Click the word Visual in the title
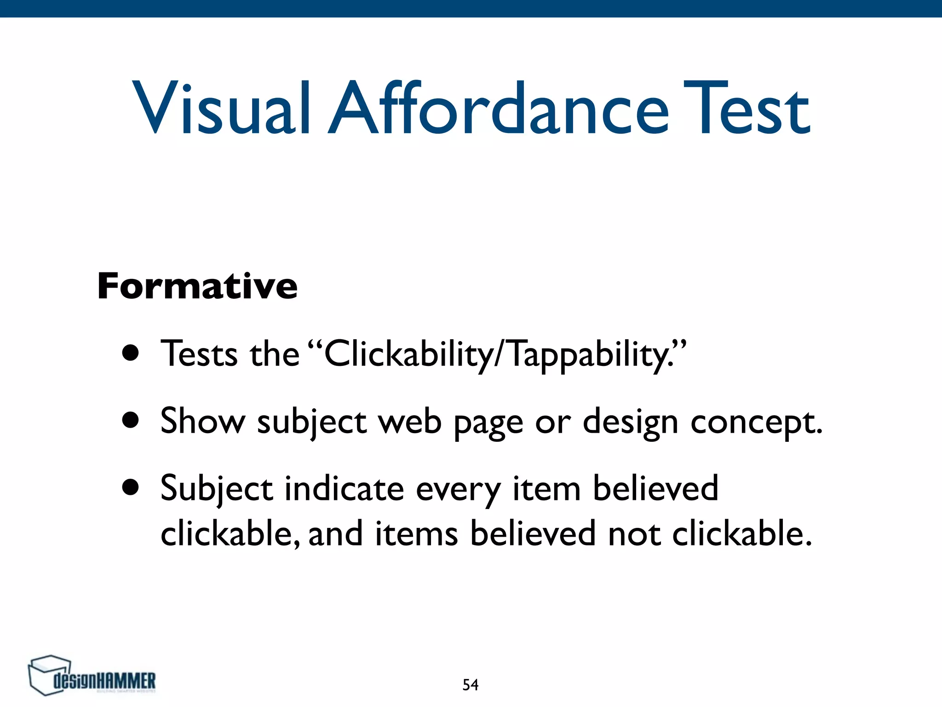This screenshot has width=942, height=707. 221,109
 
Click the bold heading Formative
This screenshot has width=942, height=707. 197,286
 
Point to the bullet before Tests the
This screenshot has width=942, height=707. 131,353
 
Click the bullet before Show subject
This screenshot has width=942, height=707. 131,420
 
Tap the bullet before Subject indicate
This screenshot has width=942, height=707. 131,487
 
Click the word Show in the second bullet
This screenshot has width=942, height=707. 203,421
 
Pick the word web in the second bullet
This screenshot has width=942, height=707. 410,421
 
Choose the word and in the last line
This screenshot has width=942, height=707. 335,534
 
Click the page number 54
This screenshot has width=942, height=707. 470,685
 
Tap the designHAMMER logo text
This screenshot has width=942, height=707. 104,681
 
